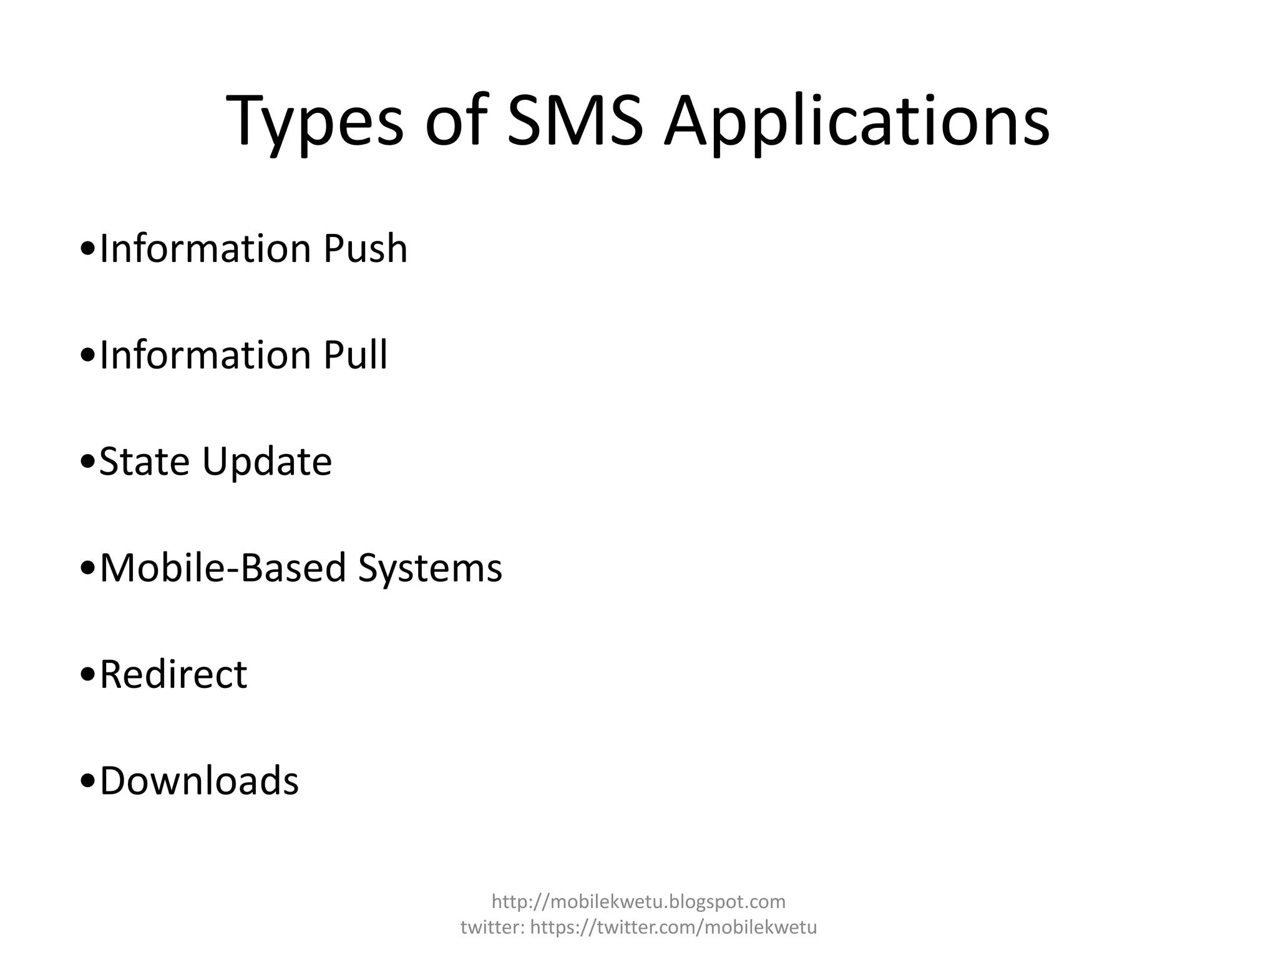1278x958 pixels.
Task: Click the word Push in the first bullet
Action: click(365, 248)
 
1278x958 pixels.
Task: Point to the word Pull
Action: click(355, 355)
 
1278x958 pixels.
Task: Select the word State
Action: click(144, 462)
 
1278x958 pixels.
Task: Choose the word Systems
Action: click(430, 569)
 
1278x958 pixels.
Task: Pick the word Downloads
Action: click(199, 781)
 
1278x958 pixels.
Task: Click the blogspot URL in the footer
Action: click(638, 901)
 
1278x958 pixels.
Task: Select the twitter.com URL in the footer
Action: click(673, 927)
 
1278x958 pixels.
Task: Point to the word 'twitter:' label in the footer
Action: click(492, 927)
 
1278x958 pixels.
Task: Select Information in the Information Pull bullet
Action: click(205, 355)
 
